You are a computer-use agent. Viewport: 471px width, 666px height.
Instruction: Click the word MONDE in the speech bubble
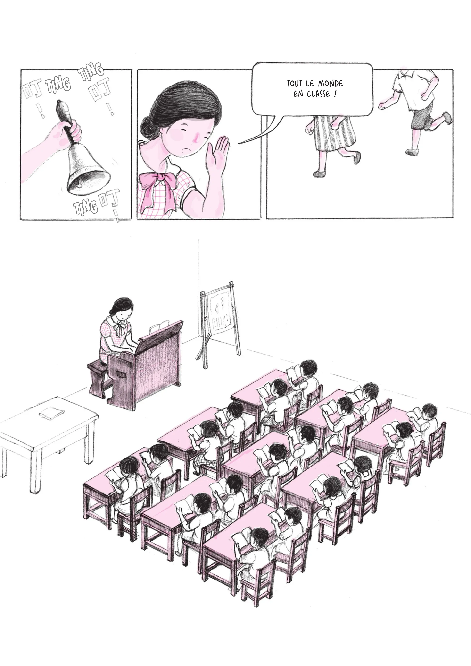click(331, 84)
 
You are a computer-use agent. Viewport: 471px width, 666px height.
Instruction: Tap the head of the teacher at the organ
click(123, 308)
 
